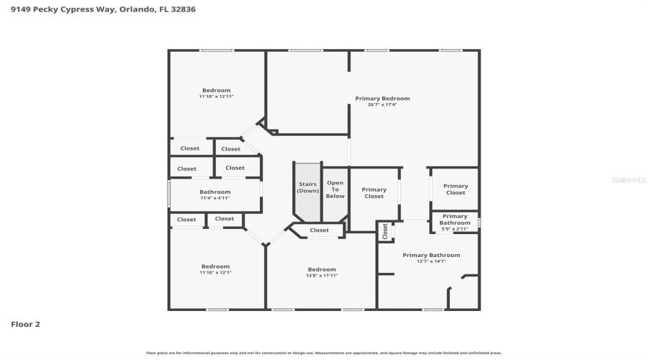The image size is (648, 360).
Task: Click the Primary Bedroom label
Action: [382, 99]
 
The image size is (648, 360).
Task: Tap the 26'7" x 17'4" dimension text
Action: [382, 105]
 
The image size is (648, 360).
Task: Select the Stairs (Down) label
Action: [308, 187]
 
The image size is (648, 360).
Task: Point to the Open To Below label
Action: [335, 189]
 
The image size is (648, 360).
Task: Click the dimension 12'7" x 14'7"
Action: [431, 261]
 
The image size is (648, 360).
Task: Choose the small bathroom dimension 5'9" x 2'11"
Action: [454, 229]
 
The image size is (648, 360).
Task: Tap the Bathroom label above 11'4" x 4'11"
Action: [215, 192]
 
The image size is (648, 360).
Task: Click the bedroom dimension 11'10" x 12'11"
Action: [216, 96]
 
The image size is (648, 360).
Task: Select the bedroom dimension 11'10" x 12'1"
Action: [215, 273]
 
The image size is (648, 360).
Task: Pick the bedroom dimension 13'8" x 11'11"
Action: [322, 276]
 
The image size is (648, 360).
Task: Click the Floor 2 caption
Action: [25, 324]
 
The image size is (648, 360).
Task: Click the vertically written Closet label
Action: [385, 231]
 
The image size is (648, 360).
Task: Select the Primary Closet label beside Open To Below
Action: [374, 193]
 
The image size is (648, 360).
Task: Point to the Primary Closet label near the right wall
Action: [455, 189]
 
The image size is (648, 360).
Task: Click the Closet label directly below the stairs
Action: [319, 230]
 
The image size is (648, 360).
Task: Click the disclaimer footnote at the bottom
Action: [323, 353]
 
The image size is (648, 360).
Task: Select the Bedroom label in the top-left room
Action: [216, 90]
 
